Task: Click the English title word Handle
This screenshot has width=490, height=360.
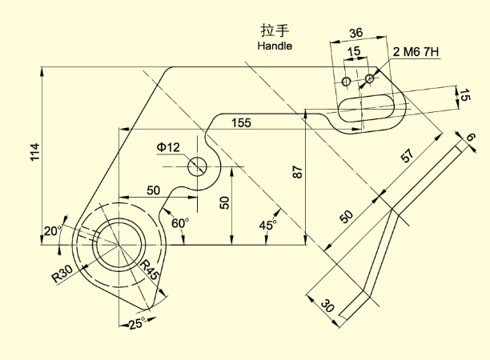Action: [x=275, y=46]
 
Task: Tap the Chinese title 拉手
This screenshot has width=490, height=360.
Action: [x=275, y=30]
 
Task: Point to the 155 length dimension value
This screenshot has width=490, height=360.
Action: [x=241, y=122]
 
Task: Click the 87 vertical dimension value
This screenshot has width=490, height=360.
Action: [x=298, y=172]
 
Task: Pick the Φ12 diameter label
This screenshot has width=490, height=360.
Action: [x=168, y=146]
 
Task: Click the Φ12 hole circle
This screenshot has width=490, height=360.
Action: [x=197, y=166]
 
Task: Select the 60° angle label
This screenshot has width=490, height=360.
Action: [x=180, y=223]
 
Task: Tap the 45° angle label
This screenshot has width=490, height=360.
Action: [x=267, y=225]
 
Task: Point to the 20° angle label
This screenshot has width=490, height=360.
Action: [x=53, y=231]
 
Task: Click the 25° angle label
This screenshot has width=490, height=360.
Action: [x=137, y=323]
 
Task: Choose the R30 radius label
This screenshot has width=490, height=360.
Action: [x=62, y=274]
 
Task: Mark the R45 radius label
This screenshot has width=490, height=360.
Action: [x=150, y=270]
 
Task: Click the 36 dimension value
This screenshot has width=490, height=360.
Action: [x=355, y=33]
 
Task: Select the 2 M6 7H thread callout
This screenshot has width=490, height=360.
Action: [x=416, y=51]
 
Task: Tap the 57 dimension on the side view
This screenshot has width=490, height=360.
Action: [x=408, y=155]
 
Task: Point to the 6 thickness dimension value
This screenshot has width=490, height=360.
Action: [x=471, y=137]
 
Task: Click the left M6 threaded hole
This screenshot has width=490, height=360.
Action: [x=346, y=82]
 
